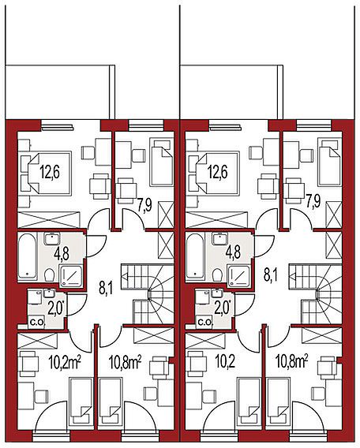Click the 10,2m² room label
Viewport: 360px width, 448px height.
[x=65, y=362]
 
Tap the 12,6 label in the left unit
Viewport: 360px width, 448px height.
[x=50, y=172]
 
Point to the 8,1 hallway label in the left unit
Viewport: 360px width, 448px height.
[x=105, y=289]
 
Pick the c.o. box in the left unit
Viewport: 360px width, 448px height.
[x=36, y=323]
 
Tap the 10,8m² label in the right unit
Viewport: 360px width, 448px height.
[x=292, y=362]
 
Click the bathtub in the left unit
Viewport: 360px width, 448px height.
[x=28, y=256]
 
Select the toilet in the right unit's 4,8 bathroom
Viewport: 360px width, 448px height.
[x=217, y=274]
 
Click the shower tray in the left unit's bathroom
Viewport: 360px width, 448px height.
[x=71, y=275]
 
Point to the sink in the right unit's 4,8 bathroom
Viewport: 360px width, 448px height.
[x=219, y=238]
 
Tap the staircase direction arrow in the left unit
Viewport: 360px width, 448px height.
[x=125, y=276]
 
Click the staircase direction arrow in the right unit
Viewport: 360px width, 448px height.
[x=293, y=276]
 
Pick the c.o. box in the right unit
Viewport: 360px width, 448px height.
[x=204, y=323]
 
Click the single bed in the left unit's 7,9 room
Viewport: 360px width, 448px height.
[x=162, y=162]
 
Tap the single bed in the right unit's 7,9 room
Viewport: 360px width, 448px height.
[x=330, y=162]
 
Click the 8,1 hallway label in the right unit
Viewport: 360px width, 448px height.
[x=272, y=276]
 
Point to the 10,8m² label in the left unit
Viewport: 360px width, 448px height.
[x=126, y=362]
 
